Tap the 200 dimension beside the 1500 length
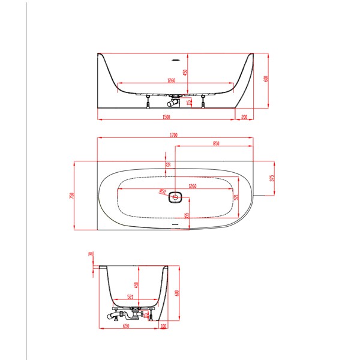point(244,116)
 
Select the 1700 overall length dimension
point(174,135)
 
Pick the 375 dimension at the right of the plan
point(272,178)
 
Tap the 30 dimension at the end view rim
point(90,254)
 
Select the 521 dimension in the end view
point(131,296)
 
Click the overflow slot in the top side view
point(176,60)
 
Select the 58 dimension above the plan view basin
point(168,164)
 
